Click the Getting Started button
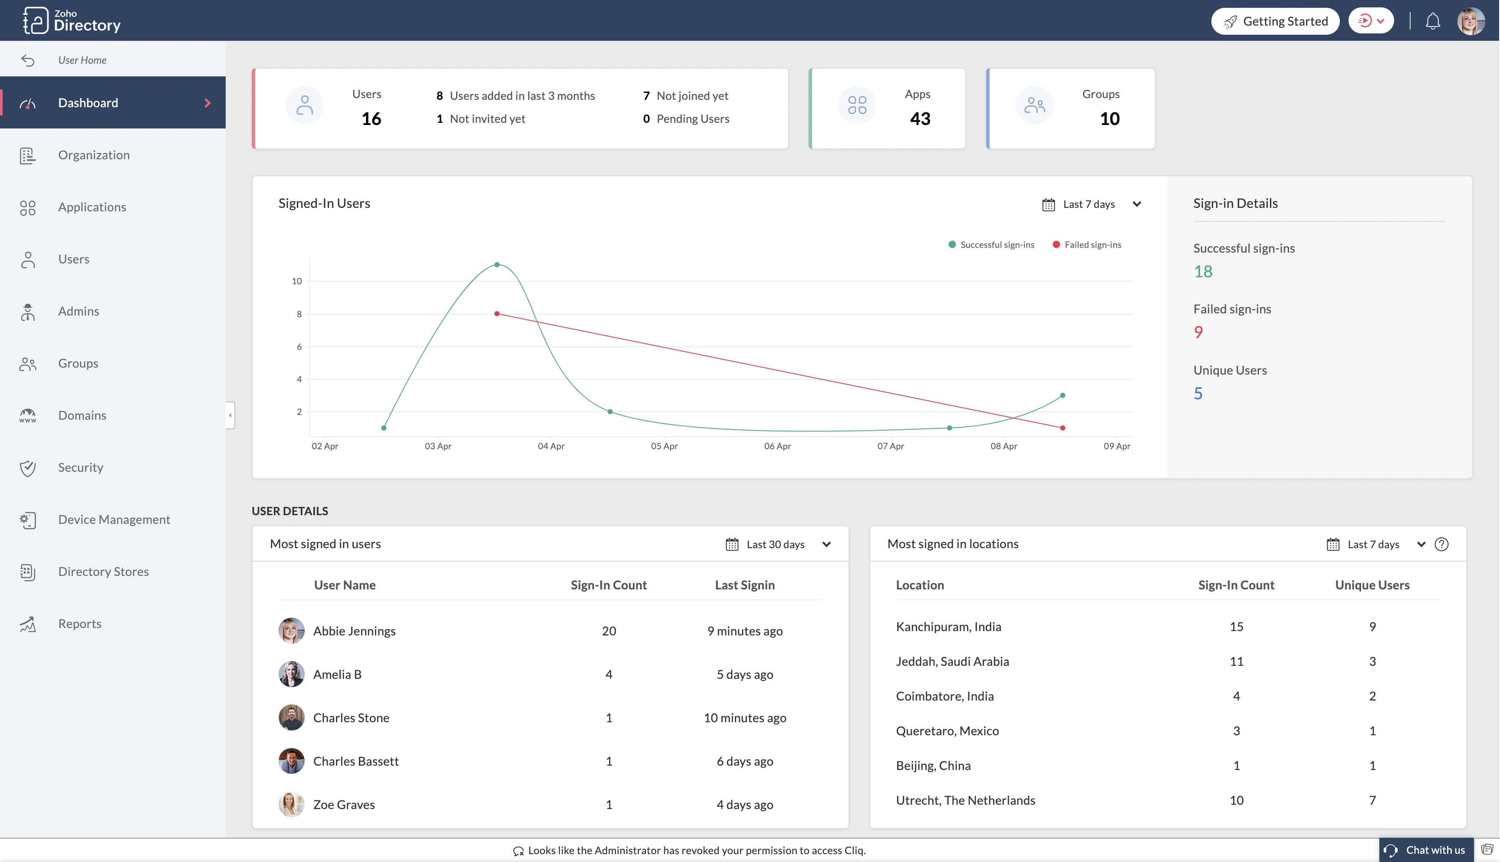click(x=1275, y=21)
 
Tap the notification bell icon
click(x=1433, y=21)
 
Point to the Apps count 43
click(x=920, y=119)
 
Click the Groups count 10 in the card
click(x=1109, y=119)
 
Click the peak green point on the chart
click(x=497, y=265)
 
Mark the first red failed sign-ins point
click(x=497, y=314)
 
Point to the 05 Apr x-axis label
click(x=664, y=446)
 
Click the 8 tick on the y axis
click(x=299, y=314)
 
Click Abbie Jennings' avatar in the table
click(x=291, y=631)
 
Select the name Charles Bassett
click(x=356, y=761)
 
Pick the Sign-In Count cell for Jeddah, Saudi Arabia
click(x=1236, y=662)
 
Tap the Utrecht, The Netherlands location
click(x=965, y=800)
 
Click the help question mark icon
click(x=1441, y=545)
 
